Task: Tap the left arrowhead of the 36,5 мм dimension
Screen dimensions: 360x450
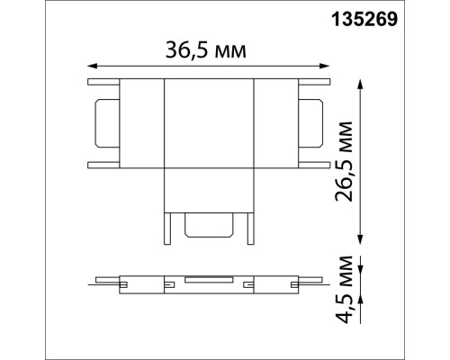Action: coord(91,65)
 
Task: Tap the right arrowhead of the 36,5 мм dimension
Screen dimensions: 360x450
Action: coord(327,65)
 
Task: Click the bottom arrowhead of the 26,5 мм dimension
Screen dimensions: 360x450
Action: coord(361,240)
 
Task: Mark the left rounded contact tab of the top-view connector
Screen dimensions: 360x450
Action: coord(102,123)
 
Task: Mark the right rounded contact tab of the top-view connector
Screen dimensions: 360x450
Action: coord(316,123)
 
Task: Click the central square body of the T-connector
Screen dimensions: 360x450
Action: coord(209,123)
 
